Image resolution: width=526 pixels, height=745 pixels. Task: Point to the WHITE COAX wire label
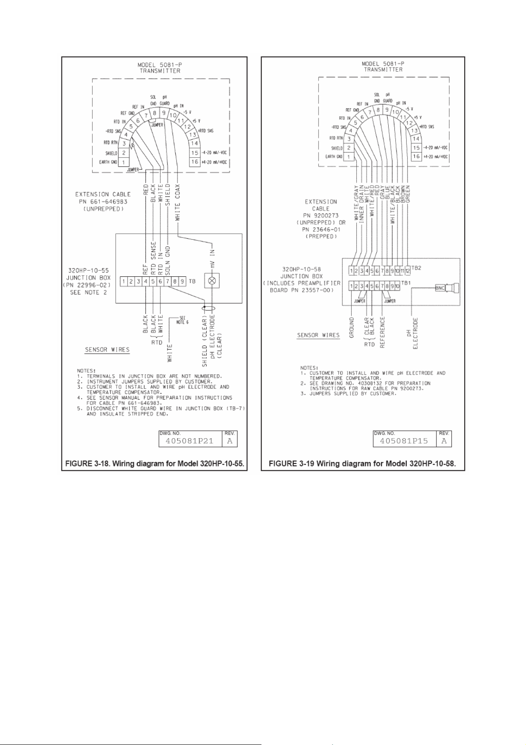click(177, 202)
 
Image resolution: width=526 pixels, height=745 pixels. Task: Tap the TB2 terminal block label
click(416, 268)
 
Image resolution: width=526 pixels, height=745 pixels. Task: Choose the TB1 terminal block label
click(405, 282)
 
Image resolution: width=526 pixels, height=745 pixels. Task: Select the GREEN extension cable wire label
click(408, 194)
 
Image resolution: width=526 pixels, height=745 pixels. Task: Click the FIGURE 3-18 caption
click(155, 464)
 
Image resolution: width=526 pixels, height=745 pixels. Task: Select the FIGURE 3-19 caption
click(362, 464)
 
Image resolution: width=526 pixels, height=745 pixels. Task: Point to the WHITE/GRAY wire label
click(356, 203)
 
